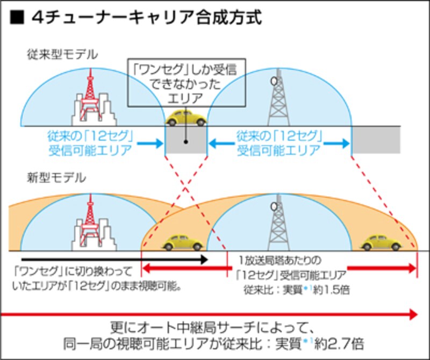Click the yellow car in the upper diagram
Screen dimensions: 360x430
pyautogui.click(x=185, y=118)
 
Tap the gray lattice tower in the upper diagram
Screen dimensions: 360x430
pyautogui.click(x=278, y=99)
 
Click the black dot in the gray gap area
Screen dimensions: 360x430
pyautogui.click(x=185, y=142)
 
